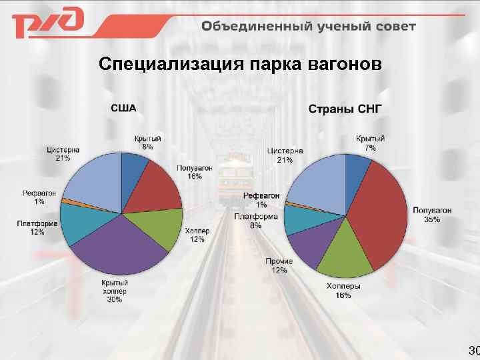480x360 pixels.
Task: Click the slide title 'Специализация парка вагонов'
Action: point(240,65)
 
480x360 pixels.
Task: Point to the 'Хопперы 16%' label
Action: point(344,290)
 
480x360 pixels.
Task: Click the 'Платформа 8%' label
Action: point(255,221)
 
